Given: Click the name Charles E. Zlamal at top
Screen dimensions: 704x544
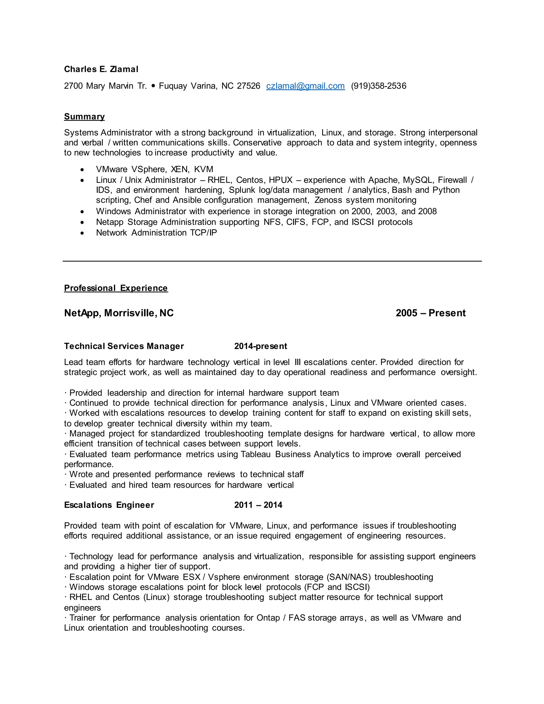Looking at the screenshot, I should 101,69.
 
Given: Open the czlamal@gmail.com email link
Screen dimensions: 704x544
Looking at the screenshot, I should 305,86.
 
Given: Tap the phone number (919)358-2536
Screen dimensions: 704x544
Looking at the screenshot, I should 379,86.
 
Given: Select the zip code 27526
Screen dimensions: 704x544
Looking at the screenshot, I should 248,86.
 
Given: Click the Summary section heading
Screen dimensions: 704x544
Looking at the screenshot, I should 84,117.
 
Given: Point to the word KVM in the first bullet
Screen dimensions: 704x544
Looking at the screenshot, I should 204,169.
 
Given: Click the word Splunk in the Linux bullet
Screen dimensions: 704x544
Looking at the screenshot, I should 242,190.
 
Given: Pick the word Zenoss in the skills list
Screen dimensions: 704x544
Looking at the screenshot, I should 328,200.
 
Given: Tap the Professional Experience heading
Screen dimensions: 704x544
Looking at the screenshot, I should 116,288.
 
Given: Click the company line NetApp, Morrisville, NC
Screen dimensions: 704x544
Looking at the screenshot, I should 119,313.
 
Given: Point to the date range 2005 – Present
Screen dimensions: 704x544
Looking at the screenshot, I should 431,313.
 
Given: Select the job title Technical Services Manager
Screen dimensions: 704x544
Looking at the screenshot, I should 124,346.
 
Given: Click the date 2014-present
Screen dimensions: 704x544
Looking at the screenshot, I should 260,346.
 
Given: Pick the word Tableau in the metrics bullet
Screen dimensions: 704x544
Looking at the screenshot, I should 256,455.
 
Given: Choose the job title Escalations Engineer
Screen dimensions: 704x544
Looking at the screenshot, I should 109,505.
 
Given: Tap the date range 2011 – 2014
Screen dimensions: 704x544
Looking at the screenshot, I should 258,505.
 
